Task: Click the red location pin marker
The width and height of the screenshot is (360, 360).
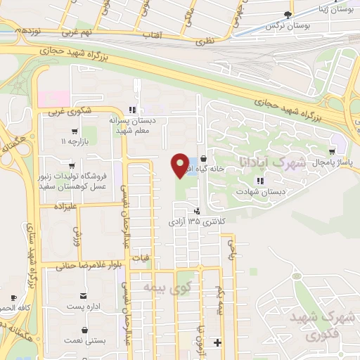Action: click(x=179, y=166)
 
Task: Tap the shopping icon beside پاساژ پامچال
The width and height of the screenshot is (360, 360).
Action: click(x=332, y=151)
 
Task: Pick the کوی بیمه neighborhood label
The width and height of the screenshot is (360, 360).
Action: click(x=158, y=286)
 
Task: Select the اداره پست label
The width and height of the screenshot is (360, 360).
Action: click(x=84, y=307)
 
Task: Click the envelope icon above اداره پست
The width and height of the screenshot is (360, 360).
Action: click(x=84, y=297)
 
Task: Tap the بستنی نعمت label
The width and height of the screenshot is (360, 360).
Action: click(x=86, y=340)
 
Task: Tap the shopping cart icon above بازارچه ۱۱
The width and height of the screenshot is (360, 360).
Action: click(x=74, y=131)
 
